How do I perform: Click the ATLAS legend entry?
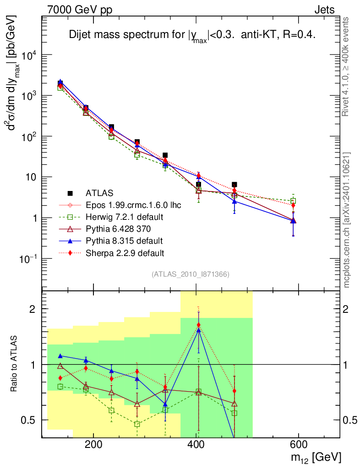[x=99, y=193]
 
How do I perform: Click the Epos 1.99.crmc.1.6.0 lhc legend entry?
[x=133, y=205]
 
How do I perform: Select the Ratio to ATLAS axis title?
[x=15, y=364]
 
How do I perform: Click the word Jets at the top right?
[x=324, y=10]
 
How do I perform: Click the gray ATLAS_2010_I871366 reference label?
[x=191, y=274]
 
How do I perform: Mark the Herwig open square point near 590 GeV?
[x=293, y=201]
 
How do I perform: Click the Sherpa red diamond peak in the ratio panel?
[x=198, y=325]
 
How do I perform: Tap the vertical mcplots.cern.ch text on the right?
[x=347, y=220]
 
